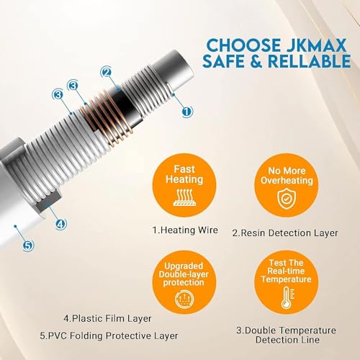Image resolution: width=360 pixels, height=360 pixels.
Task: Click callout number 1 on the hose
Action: [186, 112]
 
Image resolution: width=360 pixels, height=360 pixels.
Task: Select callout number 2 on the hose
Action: [107, 71]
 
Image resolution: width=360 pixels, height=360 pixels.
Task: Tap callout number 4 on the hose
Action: [61, 224]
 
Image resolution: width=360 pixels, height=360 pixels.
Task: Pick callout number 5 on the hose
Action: [27, 245]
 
